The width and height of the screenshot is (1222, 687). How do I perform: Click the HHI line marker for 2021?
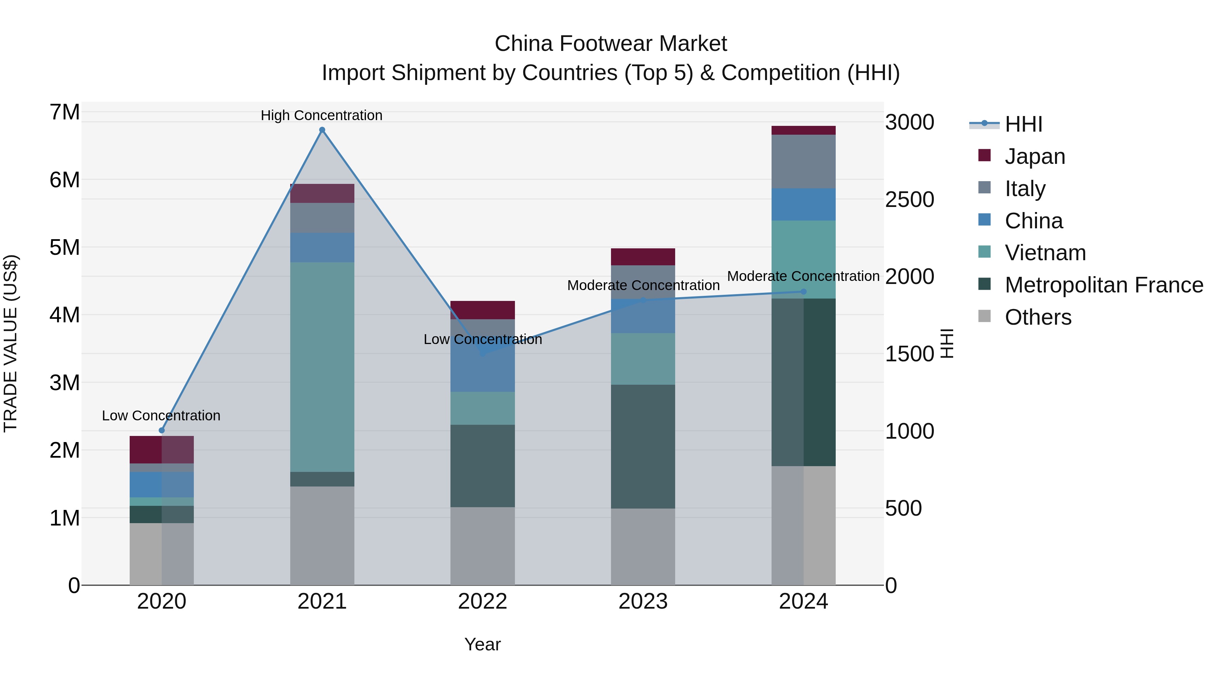point(322,130)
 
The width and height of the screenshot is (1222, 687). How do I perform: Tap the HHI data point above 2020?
point(162,430)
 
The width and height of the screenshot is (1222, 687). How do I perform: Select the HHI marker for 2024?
point(803,291)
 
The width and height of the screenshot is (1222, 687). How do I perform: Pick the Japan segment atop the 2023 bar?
point(643,256)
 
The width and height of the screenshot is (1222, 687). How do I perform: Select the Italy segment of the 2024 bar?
point(803,161)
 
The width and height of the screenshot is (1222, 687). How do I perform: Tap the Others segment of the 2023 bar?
point(643,546)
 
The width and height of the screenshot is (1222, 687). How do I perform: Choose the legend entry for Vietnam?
point(1045,253)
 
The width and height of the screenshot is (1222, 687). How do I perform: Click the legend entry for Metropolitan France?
point(1104,285)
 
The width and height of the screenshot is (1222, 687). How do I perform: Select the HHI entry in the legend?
point(1023,124)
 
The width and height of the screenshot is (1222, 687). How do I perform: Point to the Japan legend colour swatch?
point(984,155)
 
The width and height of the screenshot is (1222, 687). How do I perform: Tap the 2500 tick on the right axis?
point(909,199)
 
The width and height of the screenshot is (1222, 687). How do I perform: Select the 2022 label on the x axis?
point(482,602)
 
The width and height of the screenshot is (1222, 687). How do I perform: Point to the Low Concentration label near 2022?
point(482,340)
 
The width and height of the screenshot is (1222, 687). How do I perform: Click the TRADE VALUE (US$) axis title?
point(11,343)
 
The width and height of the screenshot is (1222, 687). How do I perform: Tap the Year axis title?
point(482,644)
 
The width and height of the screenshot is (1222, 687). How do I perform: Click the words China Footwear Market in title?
point(611,44)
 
